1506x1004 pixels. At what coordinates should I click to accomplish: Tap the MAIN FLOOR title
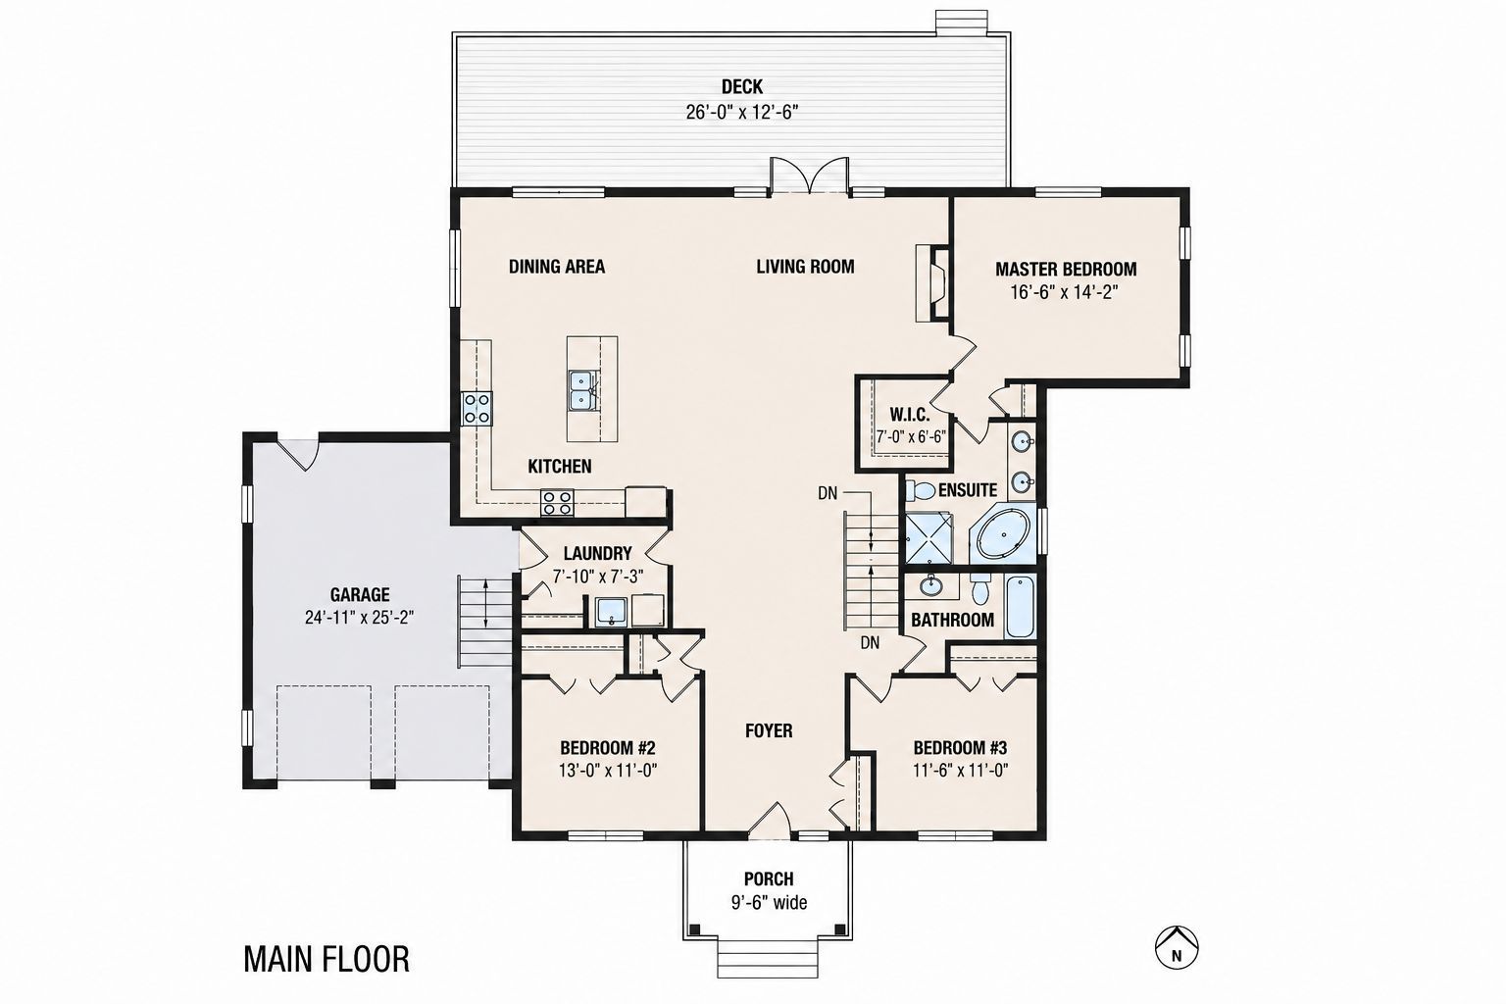pos(326,959)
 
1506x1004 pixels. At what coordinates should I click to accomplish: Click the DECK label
pos(742,86)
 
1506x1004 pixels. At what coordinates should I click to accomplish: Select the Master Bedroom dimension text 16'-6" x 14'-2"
pos(1064,292)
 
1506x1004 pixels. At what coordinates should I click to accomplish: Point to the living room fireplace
pos(930,283)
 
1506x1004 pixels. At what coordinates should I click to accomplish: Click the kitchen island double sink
pos(580,390)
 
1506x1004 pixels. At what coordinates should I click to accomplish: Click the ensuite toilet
pos(919,491)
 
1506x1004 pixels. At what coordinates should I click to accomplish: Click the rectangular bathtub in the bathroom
pos(1021,607)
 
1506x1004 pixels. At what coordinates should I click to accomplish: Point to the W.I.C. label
pos(910,414)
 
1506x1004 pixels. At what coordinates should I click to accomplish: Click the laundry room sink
pos(611,612)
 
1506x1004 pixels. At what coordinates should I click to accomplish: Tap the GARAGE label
pos(360,594)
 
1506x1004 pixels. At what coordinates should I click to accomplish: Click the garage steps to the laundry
pos(484,621)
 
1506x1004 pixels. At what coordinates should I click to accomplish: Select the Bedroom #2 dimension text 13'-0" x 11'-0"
pos(608,770)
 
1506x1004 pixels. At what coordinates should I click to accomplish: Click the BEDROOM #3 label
pos(960,748)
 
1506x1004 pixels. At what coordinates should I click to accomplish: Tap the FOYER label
pos(769,731)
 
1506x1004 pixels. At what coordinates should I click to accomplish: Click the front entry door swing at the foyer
pos(769,821)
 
